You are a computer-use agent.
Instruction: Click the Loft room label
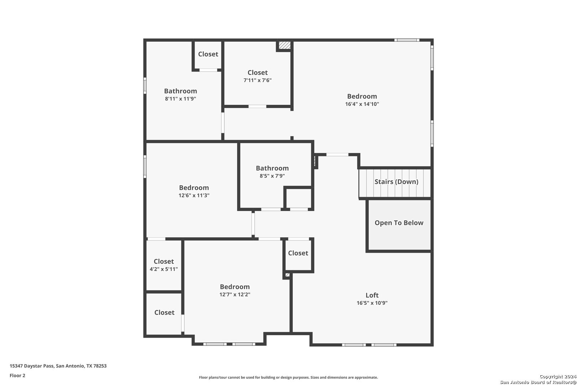tap(372, 295)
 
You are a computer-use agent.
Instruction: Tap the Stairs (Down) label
tap(396, 181)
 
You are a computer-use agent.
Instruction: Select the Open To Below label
tap(399, 223)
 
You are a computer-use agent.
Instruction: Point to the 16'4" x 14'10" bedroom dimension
tap(362, 104)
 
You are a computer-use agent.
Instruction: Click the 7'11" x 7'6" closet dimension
tap(258, 80)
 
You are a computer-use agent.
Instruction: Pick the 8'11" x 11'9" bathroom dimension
tap(181, 98)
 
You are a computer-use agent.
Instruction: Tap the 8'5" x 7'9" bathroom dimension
tap(272, 176)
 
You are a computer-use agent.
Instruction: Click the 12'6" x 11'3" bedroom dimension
tap(194, 195)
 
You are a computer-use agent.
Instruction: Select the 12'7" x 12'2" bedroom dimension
tap(235, 294)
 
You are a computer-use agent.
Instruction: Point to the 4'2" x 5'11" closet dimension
tap(164, 269)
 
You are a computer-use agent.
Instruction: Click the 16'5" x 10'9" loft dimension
tap(372, 303)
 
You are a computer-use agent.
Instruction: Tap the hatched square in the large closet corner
tap(285, 45)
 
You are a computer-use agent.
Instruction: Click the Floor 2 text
tap(17, 375)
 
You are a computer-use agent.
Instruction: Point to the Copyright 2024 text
tap(558, 376)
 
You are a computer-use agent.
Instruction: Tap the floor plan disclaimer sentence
tap(288, 377)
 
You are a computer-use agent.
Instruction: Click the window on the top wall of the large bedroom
tap(407, 40)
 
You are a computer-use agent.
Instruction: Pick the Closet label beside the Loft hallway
tap(298, 253)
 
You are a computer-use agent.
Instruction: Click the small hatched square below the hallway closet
tap(287, 275)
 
